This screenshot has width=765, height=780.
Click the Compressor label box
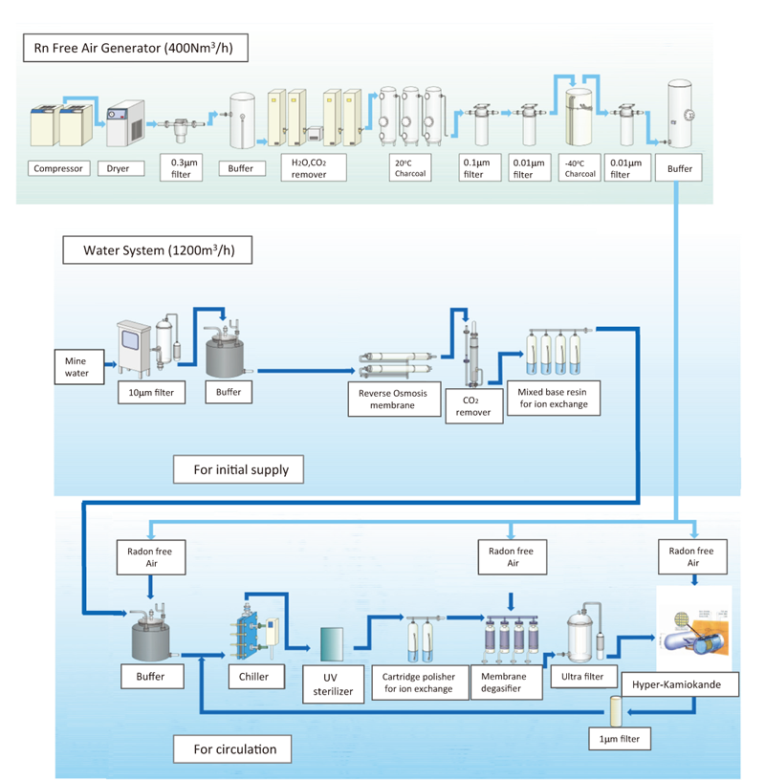pos(58,169)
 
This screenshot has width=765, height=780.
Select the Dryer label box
pos(122,169)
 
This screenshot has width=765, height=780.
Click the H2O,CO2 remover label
pos(309,169)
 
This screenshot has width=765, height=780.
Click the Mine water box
pos(76,367)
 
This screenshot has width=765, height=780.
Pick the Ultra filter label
pos(580,677)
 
